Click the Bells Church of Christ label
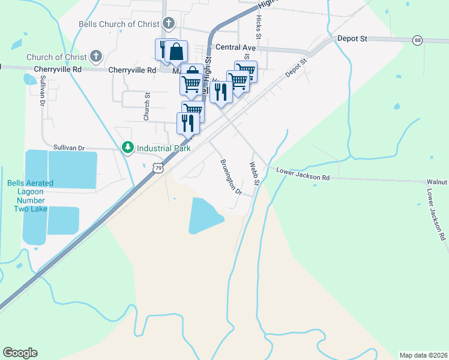[x=119, y=25]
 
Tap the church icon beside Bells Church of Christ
[x=169, y=25]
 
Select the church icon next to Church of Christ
[x=95, y=57]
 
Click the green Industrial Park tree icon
[x=127, y=147]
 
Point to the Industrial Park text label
[x=164, y=148]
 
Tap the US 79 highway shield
[x=157, y=169]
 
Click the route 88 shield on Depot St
[x=417, y=40]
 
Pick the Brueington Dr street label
[x=230, y=176]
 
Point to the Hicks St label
[x=258, y=27]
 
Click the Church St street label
[x=146, y=106]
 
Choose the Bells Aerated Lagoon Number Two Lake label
[x=30, y=196]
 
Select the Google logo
[x=20, y=353]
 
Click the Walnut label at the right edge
[x=437, y=181]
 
